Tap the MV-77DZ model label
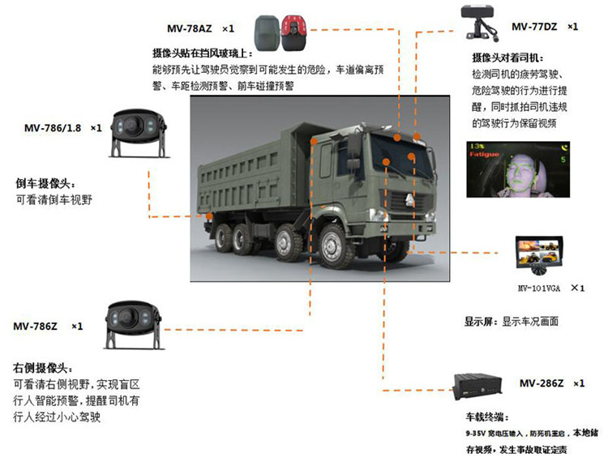click(x=533, y=27)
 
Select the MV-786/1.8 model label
click(x=52, y=128)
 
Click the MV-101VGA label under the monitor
click(x=539, y=288)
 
